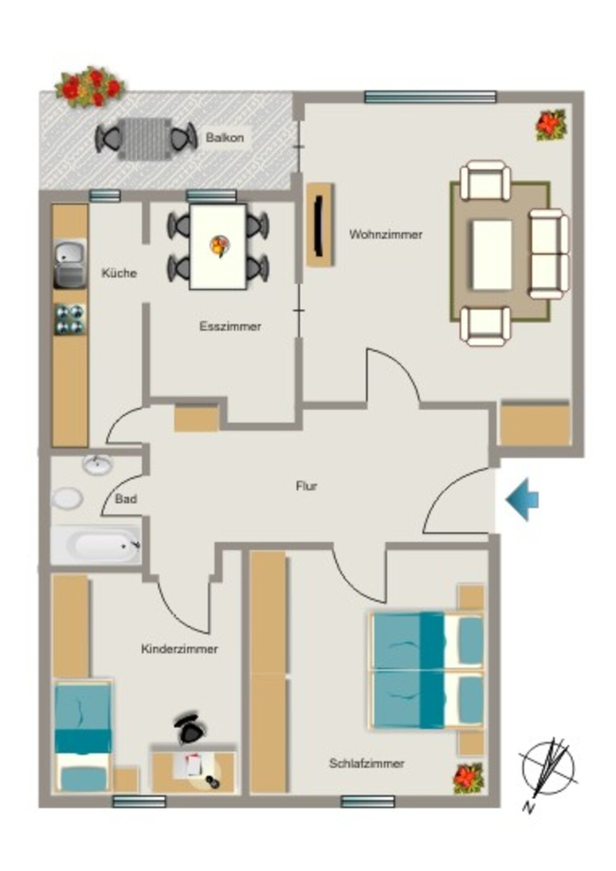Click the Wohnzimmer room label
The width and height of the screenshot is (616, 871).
385,235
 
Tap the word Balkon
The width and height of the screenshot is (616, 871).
225,137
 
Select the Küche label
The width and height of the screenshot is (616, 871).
119,273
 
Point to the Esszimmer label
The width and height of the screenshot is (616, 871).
230,326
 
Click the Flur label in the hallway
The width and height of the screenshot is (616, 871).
306,486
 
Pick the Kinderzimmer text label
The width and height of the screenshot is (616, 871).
180,649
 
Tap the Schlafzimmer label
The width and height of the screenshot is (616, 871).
367,763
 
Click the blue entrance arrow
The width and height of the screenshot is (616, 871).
522,500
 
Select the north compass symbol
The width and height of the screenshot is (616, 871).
547,772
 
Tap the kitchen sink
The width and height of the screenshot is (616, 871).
70,264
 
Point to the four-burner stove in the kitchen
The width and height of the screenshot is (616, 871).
70,319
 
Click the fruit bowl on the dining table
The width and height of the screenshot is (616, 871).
219,246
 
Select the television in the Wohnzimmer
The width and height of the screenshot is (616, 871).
321,225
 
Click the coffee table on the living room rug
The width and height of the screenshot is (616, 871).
492,255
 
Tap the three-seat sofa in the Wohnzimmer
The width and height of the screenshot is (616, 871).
549,253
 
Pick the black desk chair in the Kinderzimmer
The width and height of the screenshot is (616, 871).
189,728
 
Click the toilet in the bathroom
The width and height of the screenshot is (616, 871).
67,498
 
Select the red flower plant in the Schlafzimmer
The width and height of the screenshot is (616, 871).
468,777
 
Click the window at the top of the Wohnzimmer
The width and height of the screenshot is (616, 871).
430,97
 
